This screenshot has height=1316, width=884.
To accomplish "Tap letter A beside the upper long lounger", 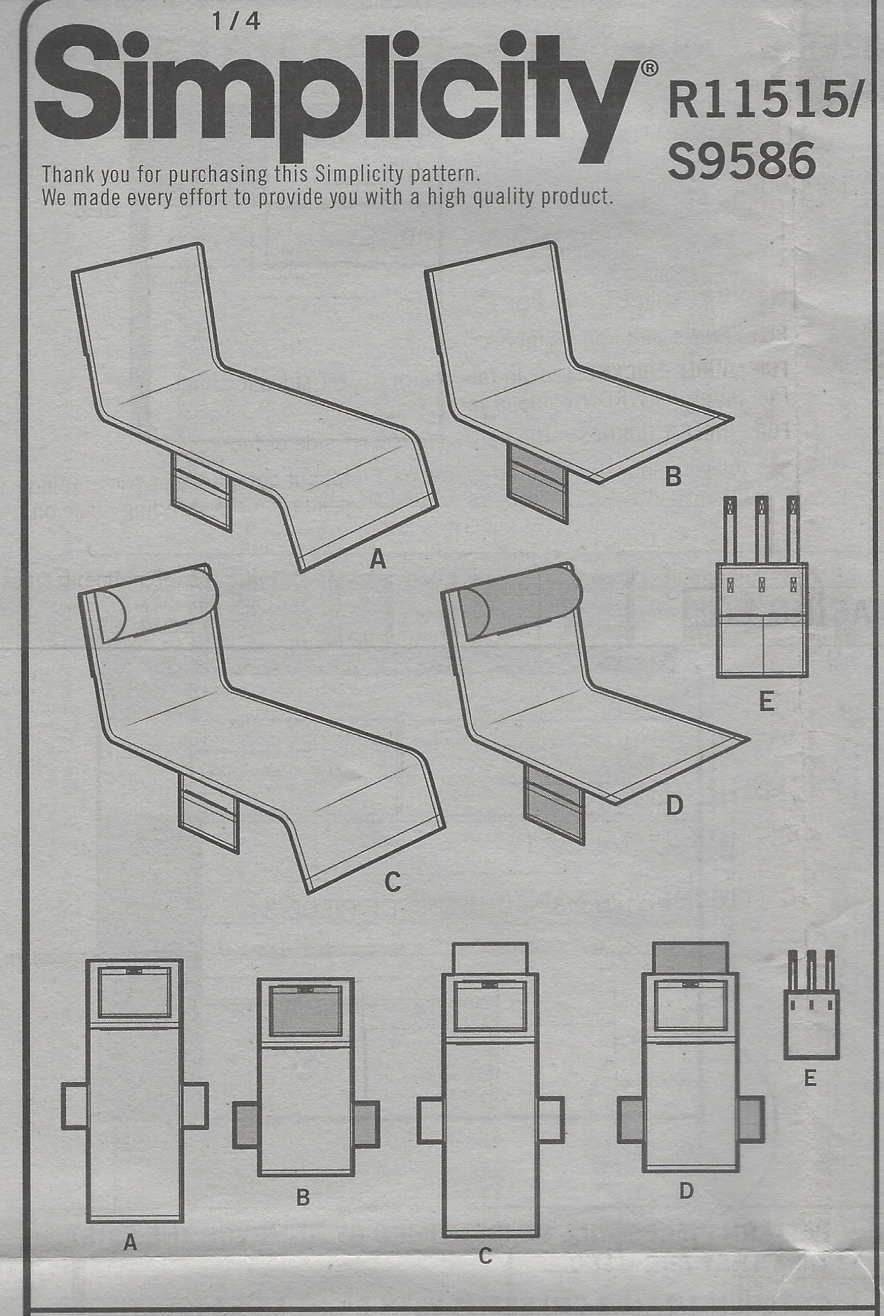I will [378, 559].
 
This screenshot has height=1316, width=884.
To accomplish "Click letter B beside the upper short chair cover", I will [673, 477].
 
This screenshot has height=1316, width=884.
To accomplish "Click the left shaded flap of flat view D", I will [630, 1120].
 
